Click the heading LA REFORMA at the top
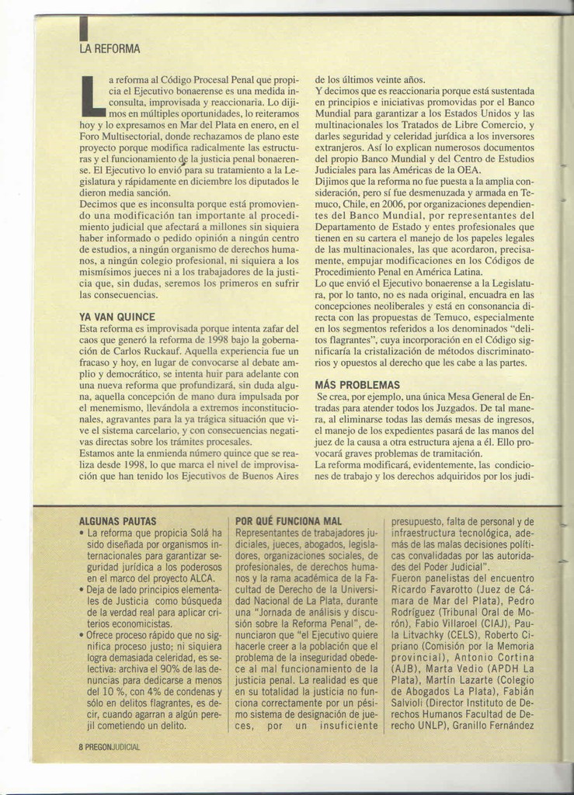[110, 50]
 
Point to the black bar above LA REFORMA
[83, 30]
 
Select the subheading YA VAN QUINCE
[117, 317]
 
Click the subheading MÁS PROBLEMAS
[357, 385]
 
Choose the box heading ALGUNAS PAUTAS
[118, 522]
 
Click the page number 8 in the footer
[81, 748]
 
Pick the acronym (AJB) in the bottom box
[405, 667]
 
